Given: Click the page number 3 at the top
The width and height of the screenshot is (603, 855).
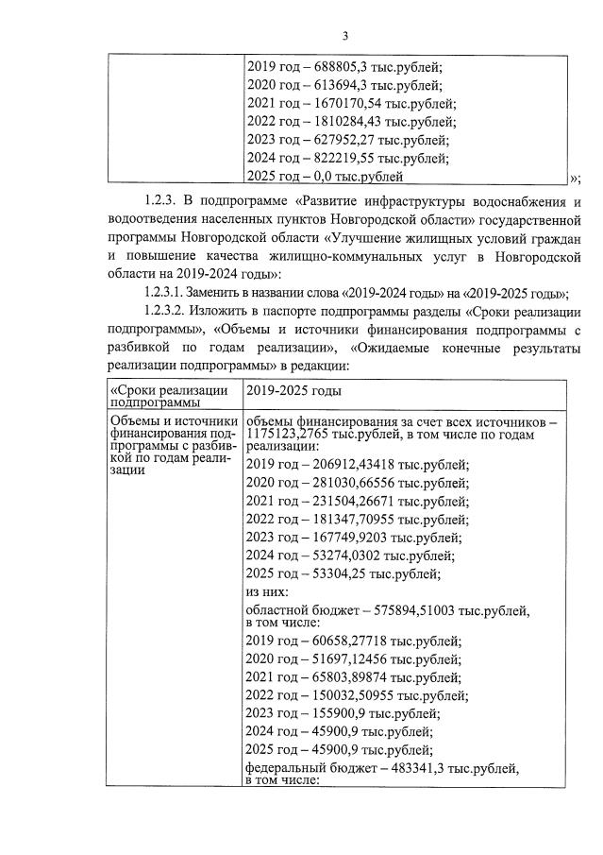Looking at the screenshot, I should [345, 37].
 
